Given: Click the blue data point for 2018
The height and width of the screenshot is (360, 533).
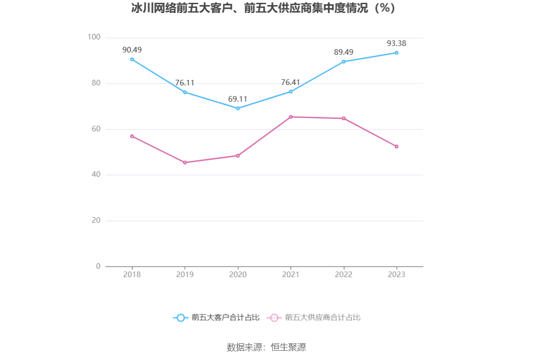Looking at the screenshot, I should tap(132, 59).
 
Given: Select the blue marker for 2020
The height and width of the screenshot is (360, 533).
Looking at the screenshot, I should tap(238, 108).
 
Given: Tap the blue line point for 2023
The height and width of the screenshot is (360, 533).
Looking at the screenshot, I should tap(396, 53).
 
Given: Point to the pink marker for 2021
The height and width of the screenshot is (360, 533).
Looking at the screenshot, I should tap(291, 117).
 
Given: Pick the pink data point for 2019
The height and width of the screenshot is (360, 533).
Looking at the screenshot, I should tap(185, 162).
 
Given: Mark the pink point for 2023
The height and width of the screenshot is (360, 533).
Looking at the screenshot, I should tap(396, 147).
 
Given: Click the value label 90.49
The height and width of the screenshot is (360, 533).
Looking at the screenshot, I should tap(132, 50).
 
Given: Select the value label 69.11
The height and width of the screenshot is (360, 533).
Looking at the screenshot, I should tap(238, 99).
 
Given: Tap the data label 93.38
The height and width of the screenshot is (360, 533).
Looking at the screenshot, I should tap(396, 43).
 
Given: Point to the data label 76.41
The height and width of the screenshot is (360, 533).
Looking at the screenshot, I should tap(291, 82).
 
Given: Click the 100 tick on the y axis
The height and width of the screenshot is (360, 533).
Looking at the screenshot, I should tap(94, 37).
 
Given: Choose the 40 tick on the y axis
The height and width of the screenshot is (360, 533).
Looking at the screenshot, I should tap(96, 175).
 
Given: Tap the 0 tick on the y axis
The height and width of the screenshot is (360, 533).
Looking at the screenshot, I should tap(98, 266).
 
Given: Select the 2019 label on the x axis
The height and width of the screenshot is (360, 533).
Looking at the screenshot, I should tap(185, 275).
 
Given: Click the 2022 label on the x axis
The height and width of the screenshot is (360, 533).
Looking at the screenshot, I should tap(344, 275).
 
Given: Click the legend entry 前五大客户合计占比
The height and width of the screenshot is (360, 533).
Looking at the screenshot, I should tap(216, 318).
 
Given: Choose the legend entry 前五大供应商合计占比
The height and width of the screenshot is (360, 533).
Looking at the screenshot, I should tap(314, 318).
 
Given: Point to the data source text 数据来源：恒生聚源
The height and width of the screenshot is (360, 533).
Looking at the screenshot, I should tap(266, 347).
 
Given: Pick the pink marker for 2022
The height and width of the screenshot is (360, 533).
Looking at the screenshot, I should tap(344, 118).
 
